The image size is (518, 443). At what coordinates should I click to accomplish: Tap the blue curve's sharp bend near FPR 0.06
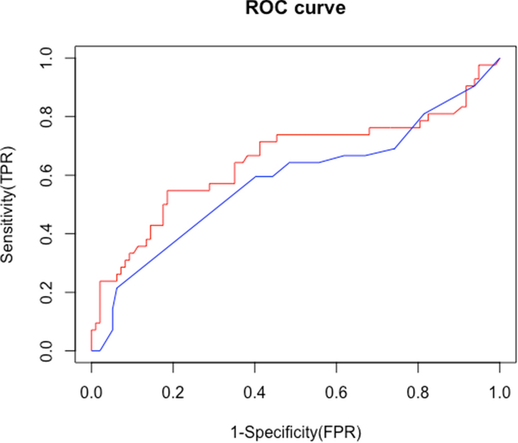117,288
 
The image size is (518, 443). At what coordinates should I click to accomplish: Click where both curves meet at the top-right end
499,58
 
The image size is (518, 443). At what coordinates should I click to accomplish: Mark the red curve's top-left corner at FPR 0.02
100,281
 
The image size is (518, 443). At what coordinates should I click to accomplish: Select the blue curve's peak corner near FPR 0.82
425,113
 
